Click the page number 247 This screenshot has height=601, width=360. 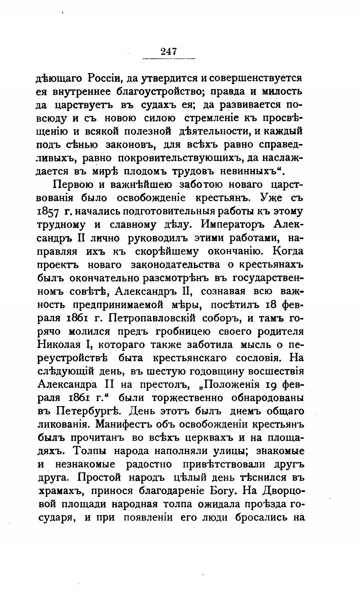coord(169,51)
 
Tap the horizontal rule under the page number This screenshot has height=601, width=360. coord(169,58)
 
